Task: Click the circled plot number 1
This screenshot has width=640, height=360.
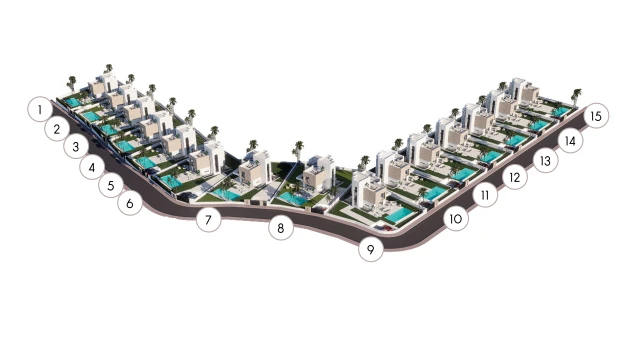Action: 40,109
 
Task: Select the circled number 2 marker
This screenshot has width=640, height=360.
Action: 57,129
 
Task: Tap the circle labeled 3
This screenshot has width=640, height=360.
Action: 76,147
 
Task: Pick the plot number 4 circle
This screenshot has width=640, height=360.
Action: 92,167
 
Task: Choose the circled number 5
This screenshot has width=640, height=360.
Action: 111,185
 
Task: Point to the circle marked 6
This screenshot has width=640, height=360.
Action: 130,203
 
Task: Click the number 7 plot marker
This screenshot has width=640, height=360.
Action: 208,220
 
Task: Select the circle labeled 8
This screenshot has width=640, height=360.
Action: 281,228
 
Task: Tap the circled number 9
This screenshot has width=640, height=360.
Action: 371,249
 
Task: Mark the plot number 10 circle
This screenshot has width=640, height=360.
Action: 456,219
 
